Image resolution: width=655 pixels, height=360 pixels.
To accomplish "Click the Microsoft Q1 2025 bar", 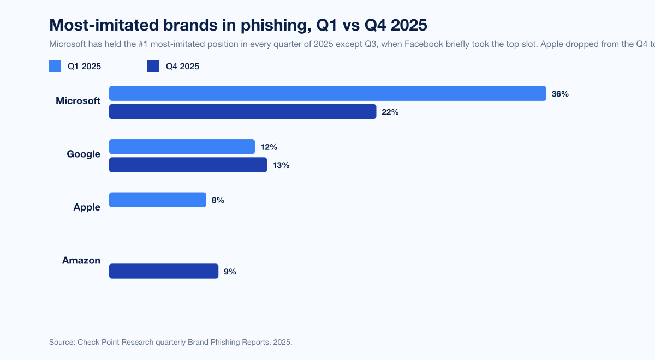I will point(327,93).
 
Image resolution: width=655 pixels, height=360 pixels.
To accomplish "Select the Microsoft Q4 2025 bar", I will point(243,112).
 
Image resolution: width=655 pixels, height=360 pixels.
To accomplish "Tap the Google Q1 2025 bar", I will point(182,147).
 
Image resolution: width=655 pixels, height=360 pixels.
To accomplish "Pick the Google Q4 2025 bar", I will point(188,165).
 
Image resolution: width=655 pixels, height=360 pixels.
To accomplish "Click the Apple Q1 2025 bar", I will point(158,200).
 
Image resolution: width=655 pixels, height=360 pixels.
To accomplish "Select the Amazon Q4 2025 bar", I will point(164,271).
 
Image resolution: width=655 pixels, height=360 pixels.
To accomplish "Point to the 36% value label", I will point(560,94).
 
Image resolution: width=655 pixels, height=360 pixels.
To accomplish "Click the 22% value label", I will point(390,112).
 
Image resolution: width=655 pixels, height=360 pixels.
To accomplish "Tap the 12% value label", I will point(269,147).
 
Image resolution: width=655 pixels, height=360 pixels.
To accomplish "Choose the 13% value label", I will point(281,165).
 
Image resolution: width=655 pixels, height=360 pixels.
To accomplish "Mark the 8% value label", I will point(218,200).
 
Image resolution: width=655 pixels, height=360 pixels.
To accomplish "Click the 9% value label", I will point(230,272).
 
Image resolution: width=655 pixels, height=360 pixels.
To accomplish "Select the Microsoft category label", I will point(78,101).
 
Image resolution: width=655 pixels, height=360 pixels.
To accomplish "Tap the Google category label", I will point(84,154).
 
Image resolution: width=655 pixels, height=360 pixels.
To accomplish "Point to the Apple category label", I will point(87,207).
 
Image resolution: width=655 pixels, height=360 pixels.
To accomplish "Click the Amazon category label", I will point(81,261).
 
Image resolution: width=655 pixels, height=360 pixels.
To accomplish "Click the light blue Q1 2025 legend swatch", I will point(55,67).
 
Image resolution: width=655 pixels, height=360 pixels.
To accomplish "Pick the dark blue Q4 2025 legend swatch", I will point(153,67).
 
